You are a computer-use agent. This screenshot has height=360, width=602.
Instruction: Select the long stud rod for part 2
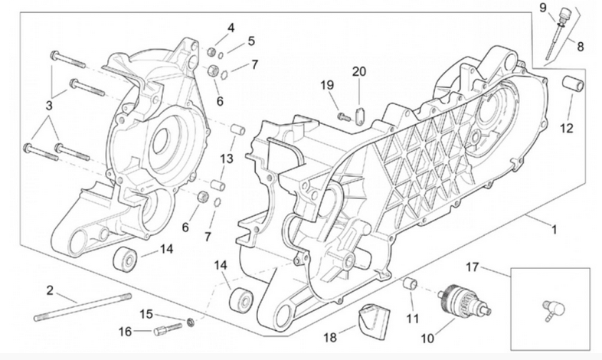[81, 306]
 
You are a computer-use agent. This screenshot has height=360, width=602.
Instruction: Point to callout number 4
[231, 29]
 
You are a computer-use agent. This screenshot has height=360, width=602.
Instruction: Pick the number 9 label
[542, 8]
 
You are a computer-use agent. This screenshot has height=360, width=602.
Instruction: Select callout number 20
[359, 72]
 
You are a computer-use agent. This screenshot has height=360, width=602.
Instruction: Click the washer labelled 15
[191, 320]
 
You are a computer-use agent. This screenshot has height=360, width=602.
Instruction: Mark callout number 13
[225, 159]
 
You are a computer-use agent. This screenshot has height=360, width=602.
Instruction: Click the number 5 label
[251, 41]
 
